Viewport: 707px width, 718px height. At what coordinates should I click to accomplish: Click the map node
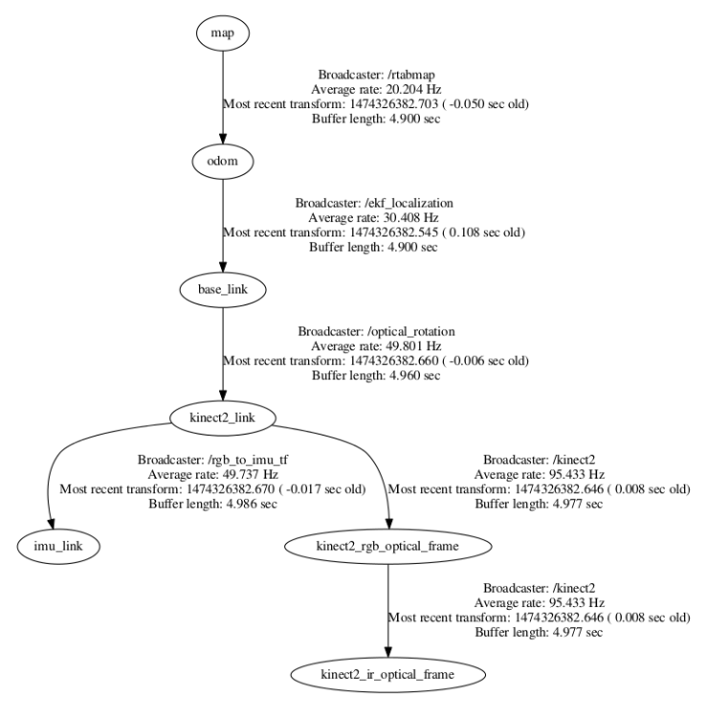tap(222, 34)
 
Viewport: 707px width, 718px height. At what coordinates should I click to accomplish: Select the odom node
tap(222, 161)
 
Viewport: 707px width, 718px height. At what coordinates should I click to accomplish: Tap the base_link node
tap(222, 287)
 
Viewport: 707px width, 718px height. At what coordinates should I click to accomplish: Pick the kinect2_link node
tap(222, 416)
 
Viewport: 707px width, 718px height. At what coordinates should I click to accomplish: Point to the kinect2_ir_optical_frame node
tap(387, 674)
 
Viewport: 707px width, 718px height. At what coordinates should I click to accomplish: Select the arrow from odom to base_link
tap(222, 224)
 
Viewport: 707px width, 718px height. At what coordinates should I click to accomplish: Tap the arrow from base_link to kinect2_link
tap(222, 351)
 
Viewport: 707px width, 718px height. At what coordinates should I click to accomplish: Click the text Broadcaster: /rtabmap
tap(376, 73)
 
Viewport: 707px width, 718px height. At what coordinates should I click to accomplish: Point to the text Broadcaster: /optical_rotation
tap(376, 330)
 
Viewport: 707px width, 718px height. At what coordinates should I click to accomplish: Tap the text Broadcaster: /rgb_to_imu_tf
tap(212, 460)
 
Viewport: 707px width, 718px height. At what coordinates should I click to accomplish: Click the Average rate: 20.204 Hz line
tap(376, 88)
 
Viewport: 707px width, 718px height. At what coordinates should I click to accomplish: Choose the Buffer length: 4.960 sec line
tap(376, 375)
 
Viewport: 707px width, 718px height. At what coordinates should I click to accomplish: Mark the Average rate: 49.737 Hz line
tap(212, 474)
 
